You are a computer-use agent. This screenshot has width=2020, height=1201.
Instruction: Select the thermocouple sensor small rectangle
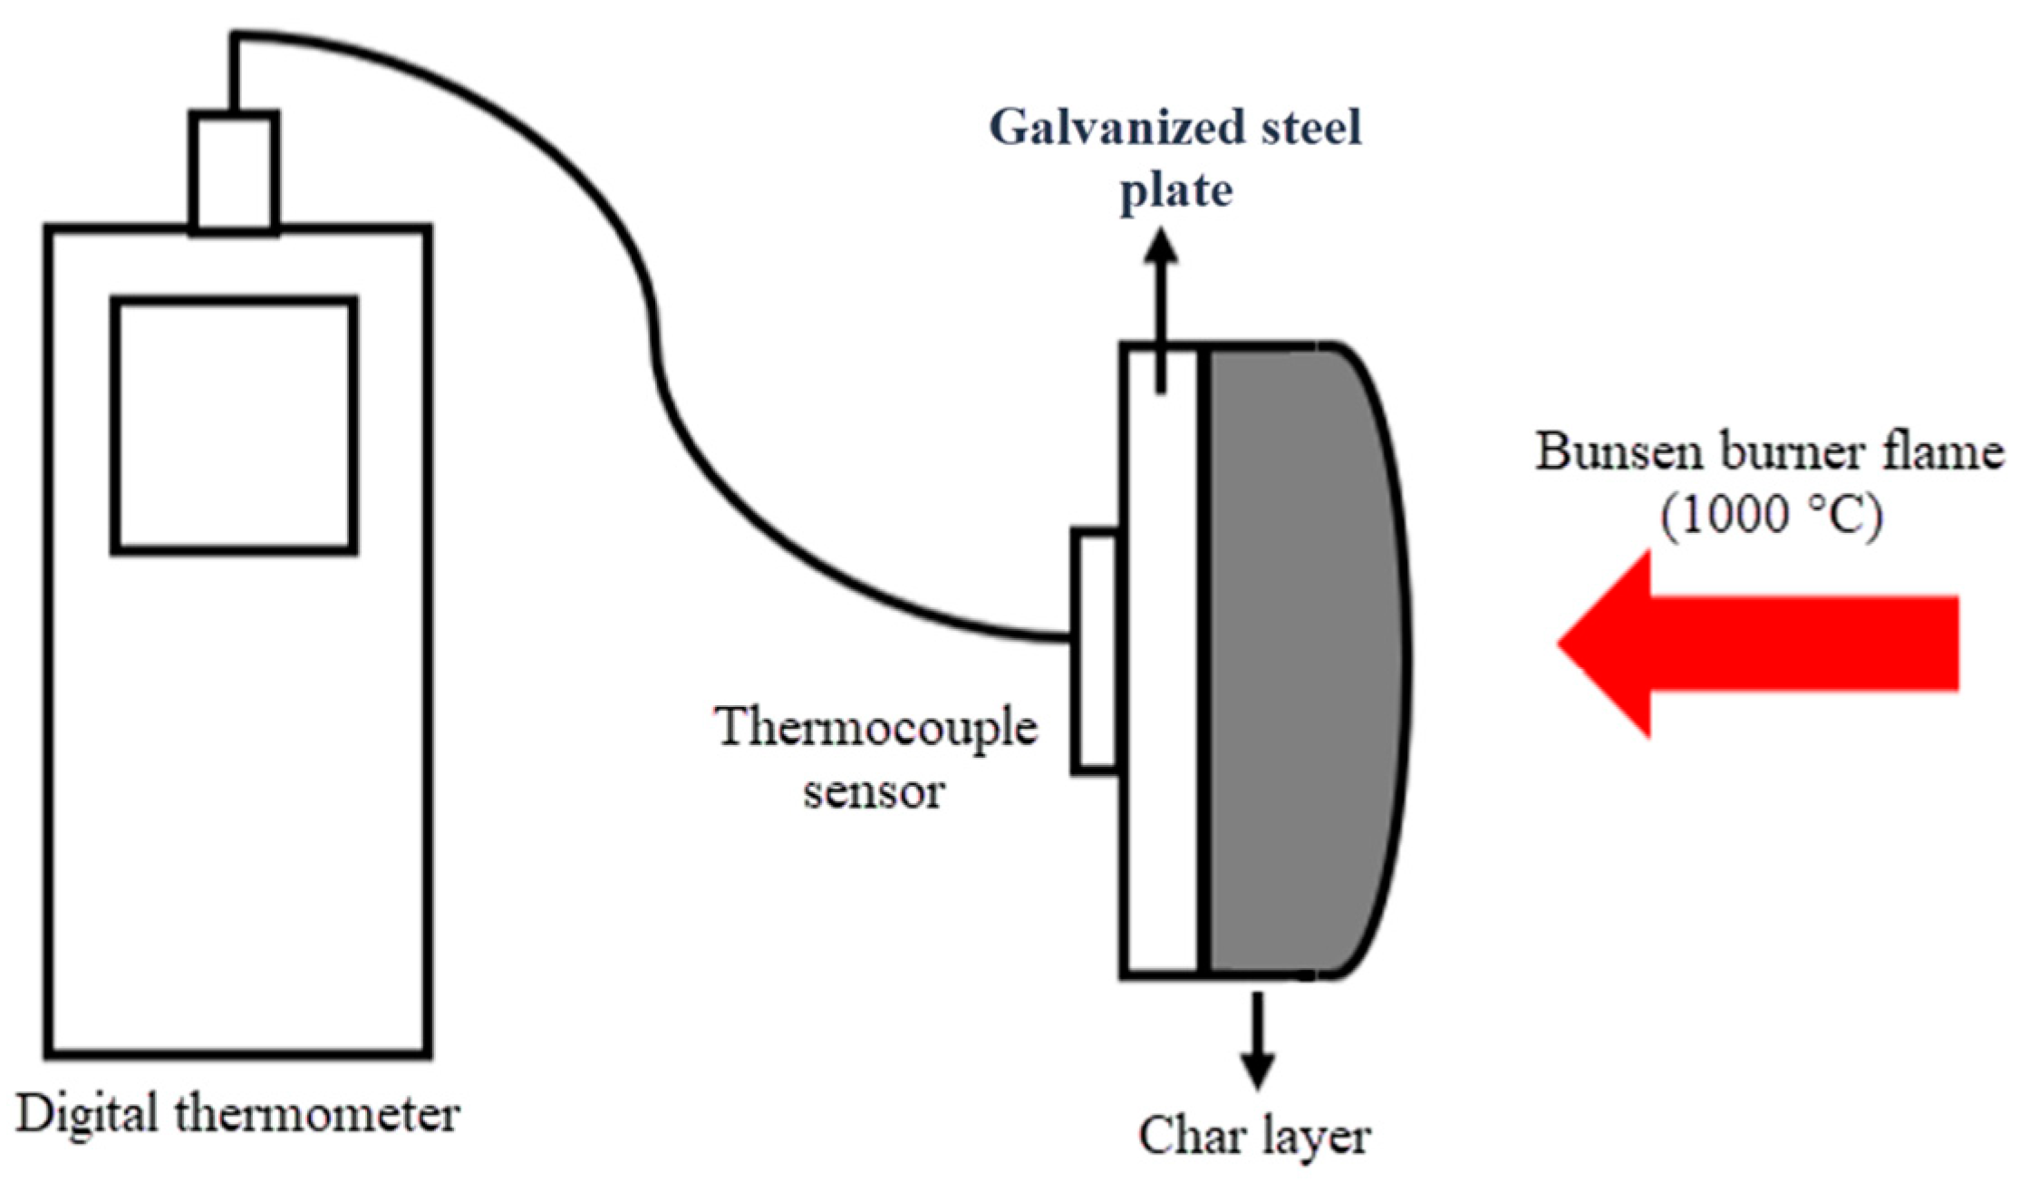click(1095, 652)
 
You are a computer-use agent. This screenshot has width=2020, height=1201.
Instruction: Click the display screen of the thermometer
click(234, 424)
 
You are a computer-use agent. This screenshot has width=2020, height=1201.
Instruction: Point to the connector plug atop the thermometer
click(234, 172)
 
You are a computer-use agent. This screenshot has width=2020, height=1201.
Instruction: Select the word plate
click(1175, 190)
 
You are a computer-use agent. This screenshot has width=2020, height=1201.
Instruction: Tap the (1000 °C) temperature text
click(1772, 515)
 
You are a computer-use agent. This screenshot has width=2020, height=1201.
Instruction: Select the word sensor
click(874, 791)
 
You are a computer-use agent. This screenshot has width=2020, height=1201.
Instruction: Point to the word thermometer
click(317, 1114)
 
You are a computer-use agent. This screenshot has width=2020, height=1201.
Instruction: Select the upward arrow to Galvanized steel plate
click(1161, 308)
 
